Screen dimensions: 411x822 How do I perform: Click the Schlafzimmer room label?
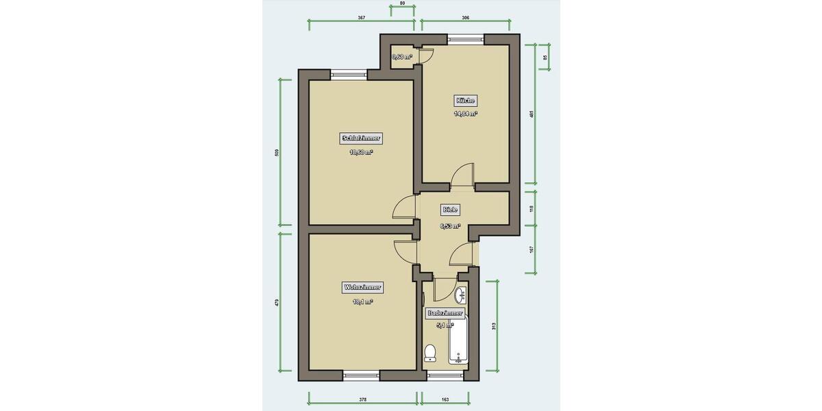(362, 138)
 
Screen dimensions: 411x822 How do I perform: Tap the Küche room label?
(466, 100)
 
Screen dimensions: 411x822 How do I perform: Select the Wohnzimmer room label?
(362, 286)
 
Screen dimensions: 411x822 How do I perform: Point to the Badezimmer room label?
(446, 313)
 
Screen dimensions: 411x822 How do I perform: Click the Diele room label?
(450, 210)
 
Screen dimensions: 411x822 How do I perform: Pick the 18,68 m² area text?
(361, 153)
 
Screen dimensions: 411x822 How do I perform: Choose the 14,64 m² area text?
(466, 114)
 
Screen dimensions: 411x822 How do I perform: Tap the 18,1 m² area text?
(362, 301)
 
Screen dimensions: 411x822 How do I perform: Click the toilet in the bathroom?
(430, 352)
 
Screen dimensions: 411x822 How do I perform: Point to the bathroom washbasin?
(459, 295)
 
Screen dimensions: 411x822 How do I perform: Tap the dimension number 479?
(276, 303)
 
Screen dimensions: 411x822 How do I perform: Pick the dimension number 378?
(363, 399)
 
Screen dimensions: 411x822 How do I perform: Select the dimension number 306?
(466, 18)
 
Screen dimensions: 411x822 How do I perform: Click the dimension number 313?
(493, 326)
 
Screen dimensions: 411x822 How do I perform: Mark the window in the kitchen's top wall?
(466, 39)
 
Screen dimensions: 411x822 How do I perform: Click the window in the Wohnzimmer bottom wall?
(361, 375)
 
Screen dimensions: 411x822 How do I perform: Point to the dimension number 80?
(402, 4)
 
